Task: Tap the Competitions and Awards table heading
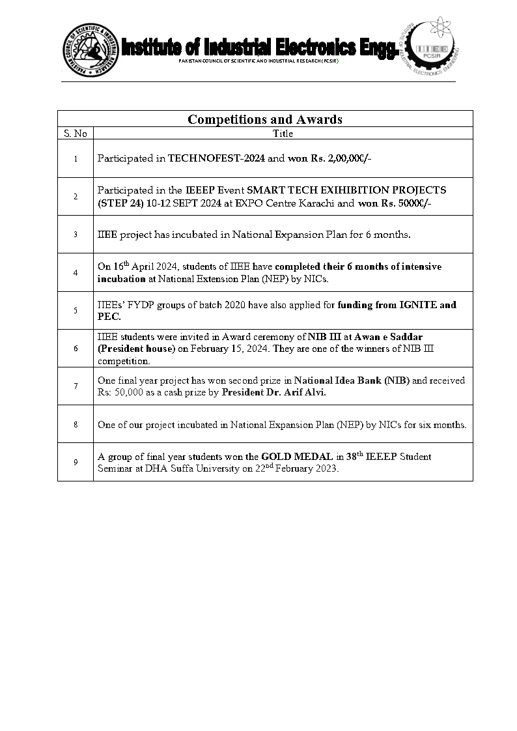pyautogui.click(x=265, y=119)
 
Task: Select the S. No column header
pyautogui.click(x=76, y=134)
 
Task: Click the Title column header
pyautogui.click(x=283, y=134)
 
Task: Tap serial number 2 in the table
pyautogui.click(x=76, y=196)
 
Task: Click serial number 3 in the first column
pyautogui.click(x=76, y=234)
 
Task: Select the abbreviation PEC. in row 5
pyautogui.click(x=109, y=317)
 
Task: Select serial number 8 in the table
pyautogui.click(x=76, y=424)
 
